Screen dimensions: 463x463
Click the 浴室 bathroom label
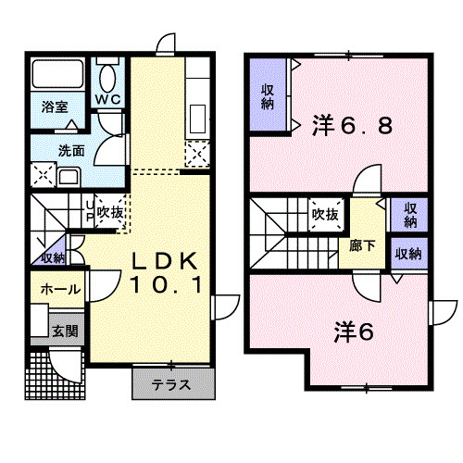pos(54,106)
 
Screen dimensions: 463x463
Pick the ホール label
pos(59,289)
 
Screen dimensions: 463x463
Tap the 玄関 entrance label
pos(62,330)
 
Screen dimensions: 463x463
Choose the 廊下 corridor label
pos(361,246)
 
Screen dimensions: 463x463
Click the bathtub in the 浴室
pos(58,74)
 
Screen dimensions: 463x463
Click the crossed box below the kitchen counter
pos(197,154)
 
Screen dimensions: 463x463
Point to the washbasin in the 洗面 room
pos(69,177)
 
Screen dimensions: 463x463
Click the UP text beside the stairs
pos(89,212)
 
